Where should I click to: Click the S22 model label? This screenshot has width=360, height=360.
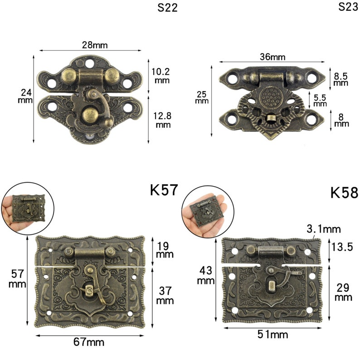tap(168, 8)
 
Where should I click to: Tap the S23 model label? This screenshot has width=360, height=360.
tap(348, 7)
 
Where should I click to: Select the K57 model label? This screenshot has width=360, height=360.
tap(164, 190)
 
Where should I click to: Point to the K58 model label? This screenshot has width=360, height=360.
tap(344, 192)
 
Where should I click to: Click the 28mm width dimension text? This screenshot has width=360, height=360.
tap(95, 45)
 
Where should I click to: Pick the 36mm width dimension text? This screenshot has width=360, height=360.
tap(272, 57)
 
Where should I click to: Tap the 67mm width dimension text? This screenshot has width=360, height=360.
tap(89, 342)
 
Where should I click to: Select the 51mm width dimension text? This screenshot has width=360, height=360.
tap(273, 335)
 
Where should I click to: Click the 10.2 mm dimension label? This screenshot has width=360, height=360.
tap(161, 76)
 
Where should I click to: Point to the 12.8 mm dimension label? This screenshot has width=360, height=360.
tap(163, 120)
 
